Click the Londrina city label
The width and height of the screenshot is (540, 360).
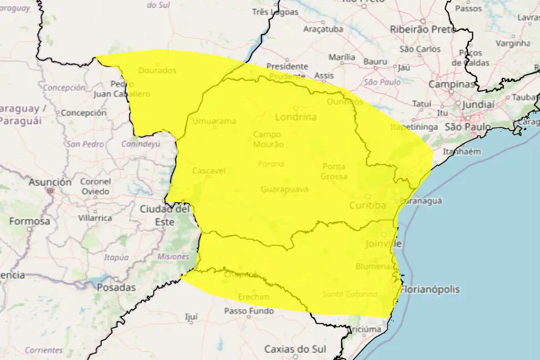[295, 117]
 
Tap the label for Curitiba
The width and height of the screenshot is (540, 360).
[367, 206]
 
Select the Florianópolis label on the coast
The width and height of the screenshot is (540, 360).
[430, 290]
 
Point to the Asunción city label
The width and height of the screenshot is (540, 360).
[50, 182]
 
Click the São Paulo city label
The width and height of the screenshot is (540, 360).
[468, 127]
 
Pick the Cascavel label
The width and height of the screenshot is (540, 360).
[209, 171]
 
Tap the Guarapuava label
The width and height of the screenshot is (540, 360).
[284, 189]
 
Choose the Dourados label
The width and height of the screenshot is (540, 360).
[157, 70]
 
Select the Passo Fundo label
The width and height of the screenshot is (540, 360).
[249, 311]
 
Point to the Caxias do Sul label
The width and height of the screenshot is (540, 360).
[295, 349]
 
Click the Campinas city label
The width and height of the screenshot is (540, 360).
[451, 84]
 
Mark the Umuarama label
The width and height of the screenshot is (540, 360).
[214, 121]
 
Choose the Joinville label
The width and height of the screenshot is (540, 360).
[384, 244]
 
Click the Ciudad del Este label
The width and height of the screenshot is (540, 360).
[165, 215]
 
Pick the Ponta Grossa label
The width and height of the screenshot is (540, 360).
[334, 171]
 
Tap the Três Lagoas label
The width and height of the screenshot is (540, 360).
[275, 12]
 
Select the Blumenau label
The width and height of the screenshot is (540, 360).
[373, 267]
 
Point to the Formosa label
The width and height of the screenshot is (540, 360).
[29, 221]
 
